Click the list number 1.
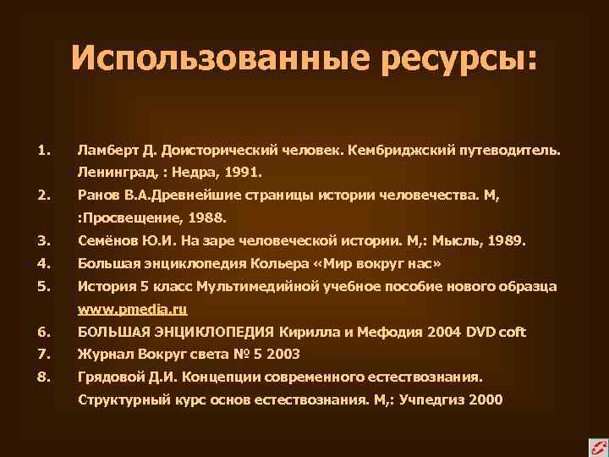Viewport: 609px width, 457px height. tap(43, 151)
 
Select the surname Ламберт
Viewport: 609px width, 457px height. tap(105, 151)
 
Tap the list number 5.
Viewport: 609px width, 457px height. tap(43, 286)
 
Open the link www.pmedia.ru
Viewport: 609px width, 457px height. tap(132, 309)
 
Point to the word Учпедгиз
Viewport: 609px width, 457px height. tap(441, 399)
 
